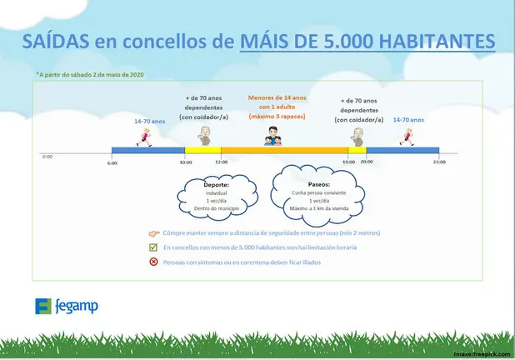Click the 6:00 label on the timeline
[112, 163]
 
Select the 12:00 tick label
[220, 163]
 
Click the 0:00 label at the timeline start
[47, 156]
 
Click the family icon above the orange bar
[276, 136]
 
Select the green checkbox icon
[152, 248]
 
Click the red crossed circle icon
[152, 262]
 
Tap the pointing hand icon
[152, 235]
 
